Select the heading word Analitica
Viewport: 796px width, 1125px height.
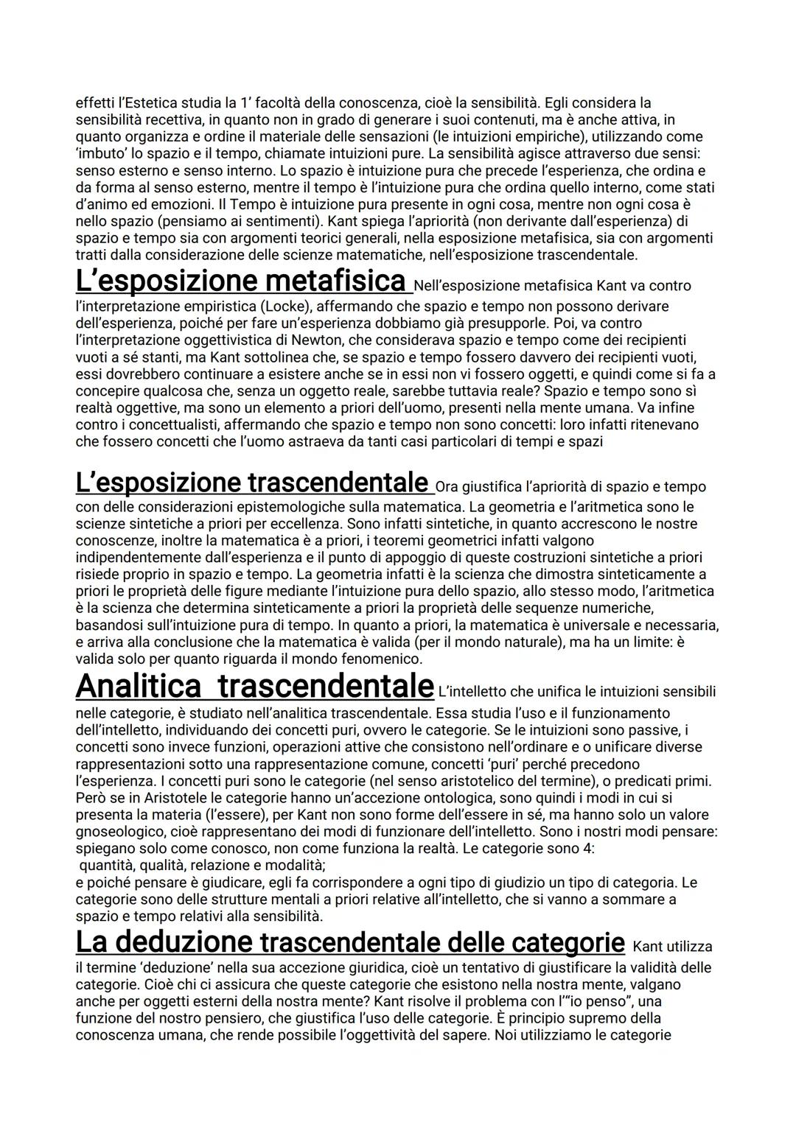[x=138, y=686]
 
